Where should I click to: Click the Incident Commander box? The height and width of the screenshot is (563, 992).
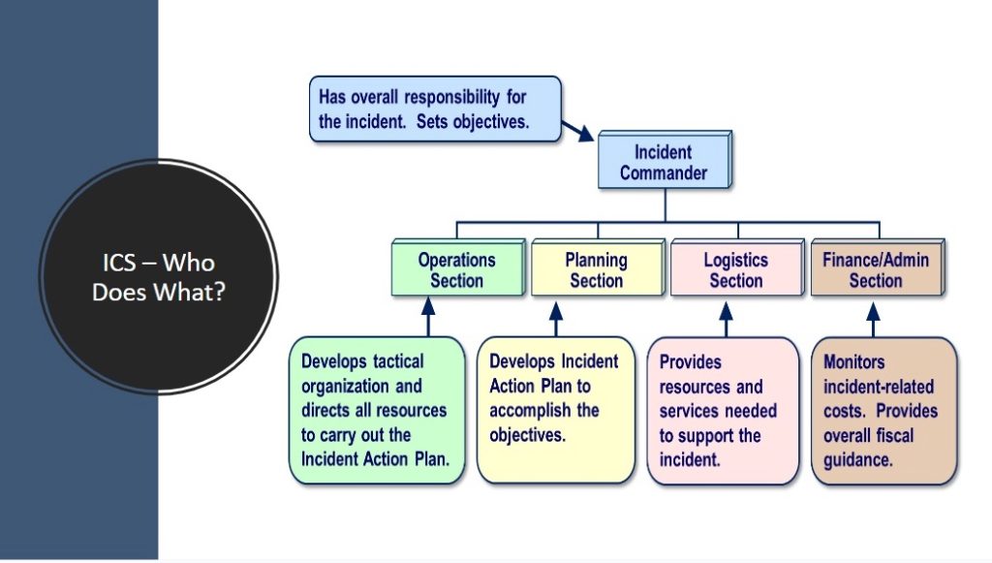[x=663, y=163]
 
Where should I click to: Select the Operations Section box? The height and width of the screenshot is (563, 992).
[x=456, y=270]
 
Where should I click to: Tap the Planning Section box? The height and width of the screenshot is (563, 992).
[x=596, y=270]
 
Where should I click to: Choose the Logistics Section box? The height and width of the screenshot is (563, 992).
[x=735, y=270]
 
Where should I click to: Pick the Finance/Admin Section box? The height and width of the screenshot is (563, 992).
[x=875, y=270]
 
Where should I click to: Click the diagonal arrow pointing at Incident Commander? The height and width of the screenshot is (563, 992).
[x=578, y=131]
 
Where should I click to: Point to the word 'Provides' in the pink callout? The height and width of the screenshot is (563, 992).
[x=691, y=361]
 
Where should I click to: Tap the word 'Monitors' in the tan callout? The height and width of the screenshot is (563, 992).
[x=854, y=361]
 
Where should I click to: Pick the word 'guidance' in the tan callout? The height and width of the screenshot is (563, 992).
[x=857, y=460]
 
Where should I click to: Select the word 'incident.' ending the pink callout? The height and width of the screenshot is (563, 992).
[x=690, y=460]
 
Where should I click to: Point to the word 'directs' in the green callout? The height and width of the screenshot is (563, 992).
[x=327, y=410]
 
